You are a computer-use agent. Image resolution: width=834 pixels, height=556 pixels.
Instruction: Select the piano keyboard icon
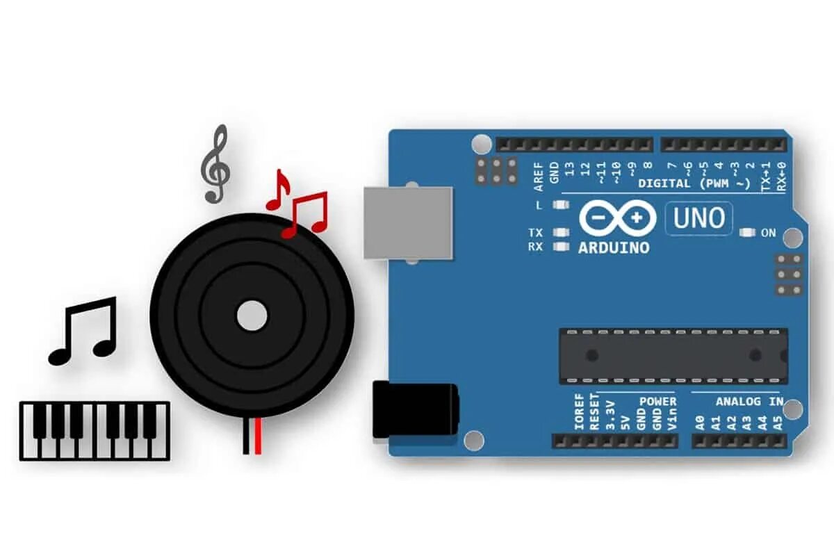pos(95,430)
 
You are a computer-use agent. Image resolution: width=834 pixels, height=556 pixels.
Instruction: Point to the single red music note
pos(278,189)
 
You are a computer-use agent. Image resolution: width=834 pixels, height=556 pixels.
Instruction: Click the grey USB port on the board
pos(408,222)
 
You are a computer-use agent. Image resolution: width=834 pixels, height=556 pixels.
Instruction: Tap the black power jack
pos(415,411)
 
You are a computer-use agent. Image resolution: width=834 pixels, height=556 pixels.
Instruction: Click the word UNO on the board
pos(698,218)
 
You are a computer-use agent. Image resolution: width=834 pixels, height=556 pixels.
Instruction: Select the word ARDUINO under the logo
pos(614,247)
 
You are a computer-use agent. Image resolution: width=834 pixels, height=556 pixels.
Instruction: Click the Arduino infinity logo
pos(617,218)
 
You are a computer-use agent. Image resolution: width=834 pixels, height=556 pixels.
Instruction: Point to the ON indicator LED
pos(749,233)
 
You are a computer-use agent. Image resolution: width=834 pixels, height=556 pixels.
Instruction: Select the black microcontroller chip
pos(673,356)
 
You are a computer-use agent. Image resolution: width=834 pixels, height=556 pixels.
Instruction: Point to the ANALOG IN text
pos(749,402)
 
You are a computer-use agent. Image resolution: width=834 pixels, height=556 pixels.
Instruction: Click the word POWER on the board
pos(657,402)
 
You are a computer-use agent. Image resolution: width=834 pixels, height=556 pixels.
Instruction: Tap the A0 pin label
pos(699,423)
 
